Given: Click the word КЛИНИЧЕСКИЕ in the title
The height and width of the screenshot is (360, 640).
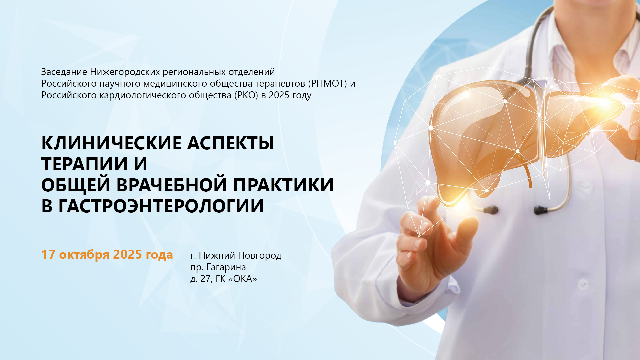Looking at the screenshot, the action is (112, 143).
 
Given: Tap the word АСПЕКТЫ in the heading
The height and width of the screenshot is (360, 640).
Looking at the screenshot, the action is (231, 143).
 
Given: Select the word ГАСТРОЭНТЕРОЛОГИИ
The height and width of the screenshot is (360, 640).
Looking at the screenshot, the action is (161, 206).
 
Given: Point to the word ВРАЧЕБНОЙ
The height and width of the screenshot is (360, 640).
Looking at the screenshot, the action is (172, 185).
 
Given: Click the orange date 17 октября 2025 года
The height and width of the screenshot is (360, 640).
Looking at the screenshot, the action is (107, 254).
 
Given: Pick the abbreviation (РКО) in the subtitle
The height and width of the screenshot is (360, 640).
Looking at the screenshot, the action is (246, 95).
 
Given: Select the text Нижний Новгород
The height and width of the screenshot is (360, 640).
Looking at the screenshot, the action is (240, 256).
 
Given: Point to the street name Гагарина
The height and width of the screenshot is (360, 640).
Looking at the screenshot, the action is (226, 267).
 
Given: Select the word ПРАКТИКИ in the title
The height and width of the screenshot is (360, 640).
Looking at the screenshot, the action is (283, 185).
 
